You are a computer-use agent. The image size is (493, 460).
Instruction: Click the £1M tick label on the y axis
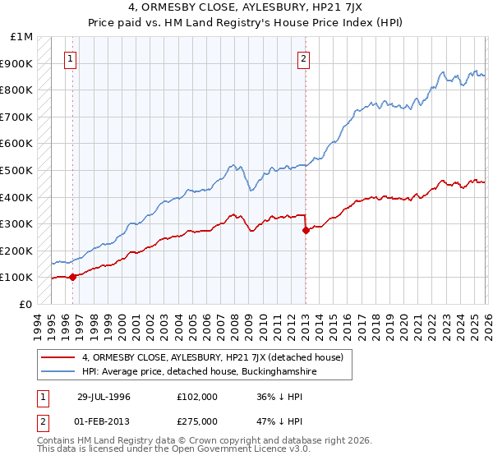point(22,37)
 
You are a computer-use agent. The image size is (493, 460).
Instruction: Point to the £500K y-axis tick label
point(17,170)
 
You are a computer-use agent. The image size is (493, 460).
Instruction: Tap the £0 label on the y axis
point(27,304)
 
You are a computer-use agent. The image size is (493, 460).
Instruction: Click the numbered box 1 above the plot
point(71,58)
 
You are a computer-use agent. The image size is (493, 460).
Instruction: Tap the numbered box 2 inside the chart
point(304,58)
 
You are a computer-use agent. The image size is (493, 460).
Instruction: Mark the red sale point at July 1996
point(72,277)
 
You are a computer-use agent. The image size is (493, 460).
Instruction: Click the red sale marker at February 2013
point(306,231)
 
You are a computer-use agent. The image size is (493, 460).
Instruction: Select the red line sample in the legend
point(58,357)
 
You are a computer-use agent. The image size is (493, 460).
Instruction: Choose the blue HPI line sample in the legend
point(58,371)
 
